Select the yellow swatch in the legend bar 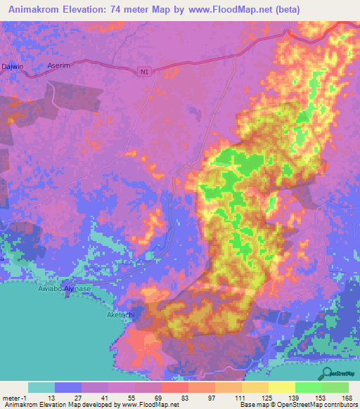coord(281,387)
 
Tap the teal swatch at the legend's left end coord(41,387)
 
